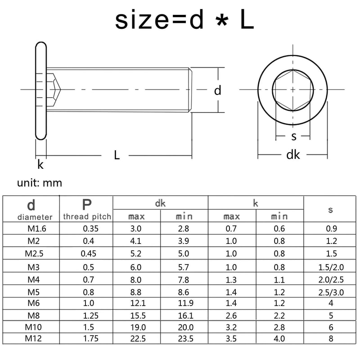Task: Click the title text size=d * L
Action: pos(184,20)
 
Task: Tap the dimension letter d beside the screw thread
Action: pos(218,90)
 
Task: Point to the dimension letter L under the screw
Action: pos(117,155)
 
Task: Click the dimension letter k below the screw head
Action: pos(40,165)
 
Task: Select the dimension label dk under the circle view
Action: pos(293,155)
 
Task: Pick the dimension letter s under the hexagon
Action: pos(294,136)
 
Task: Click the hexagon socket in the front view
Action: pos(293,90)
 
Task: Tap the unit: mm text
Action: pos(40,183)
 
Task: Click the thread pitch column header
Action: pos(86,216)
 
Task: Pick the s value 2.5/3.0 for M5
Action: pos(331,292)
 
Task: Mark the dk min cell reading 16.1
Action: pos(184,316)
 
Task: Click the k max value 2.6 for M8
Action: pos(231,316)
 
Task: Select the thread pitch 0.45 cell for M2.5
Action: pos(88,253)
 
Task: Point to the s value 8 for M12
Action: pos(331,338)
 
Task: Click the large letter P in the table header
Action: pos(86,205)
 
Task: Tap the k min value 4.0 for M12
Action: pos(279,338)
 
